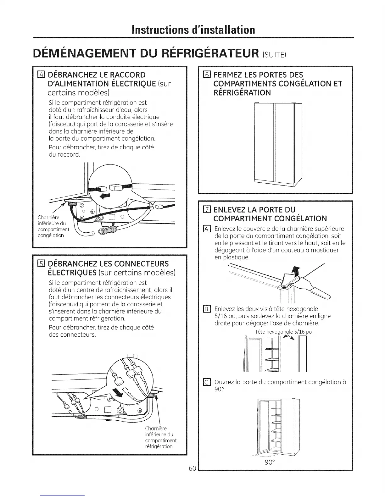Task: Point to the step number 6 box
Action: coord(206,75)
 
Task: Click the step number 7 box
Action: coord(206,210)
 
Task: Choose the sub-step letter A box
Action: coord(206,229)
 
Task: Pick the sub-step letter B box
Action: coord(206,308)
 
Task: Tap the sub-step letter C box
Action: coord(206,382)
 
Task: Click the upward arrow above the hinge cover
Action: coord(295,270)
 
